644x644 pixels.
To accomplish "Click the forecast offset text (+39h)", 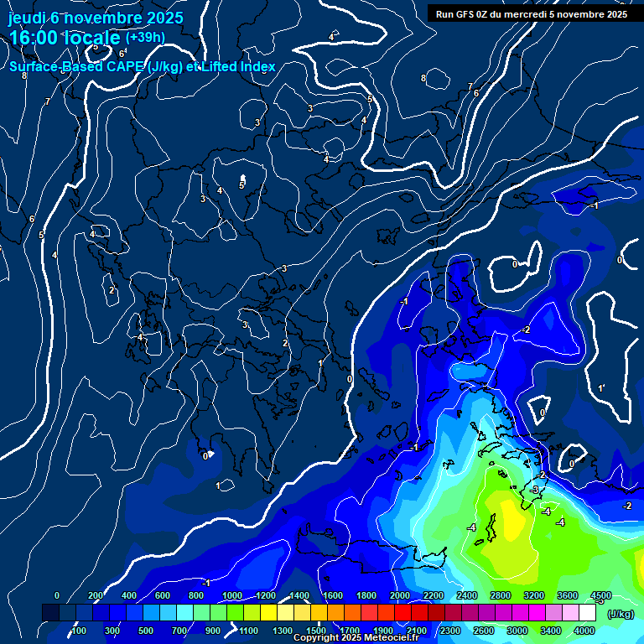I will (x=145, y=38).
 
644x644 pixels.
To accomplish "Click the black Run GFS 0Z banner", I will (x=532, y=13).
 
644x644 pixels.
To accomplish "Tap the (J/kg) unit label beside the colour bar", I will (x=620, y=615).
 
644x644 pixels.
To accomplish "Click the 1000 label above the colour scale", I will (x=232, y=595).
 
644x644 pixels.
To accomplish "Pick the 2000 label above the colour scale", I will (x=400, y=595).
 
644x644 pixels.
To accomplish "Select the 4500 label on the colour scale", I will (x=600, y=595).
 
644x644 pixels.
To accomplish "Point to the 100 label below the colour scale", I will (x=79, y=631).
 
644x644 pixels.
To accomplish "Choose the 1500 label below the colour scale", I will (x=316, y=631).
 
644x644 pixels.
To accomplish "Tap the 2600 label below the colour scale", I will (x=484, y=631).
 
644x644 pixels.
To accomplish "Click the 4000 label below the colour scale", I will (x=584, y=631).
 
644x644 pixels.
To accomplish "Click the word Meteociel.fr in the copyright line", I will (x=392, y=638).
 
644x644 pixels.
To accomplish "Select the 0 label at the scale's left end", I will (x=56, y=595).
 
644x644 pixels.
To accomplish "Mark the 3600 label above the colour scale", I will (x=568, y=595).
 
